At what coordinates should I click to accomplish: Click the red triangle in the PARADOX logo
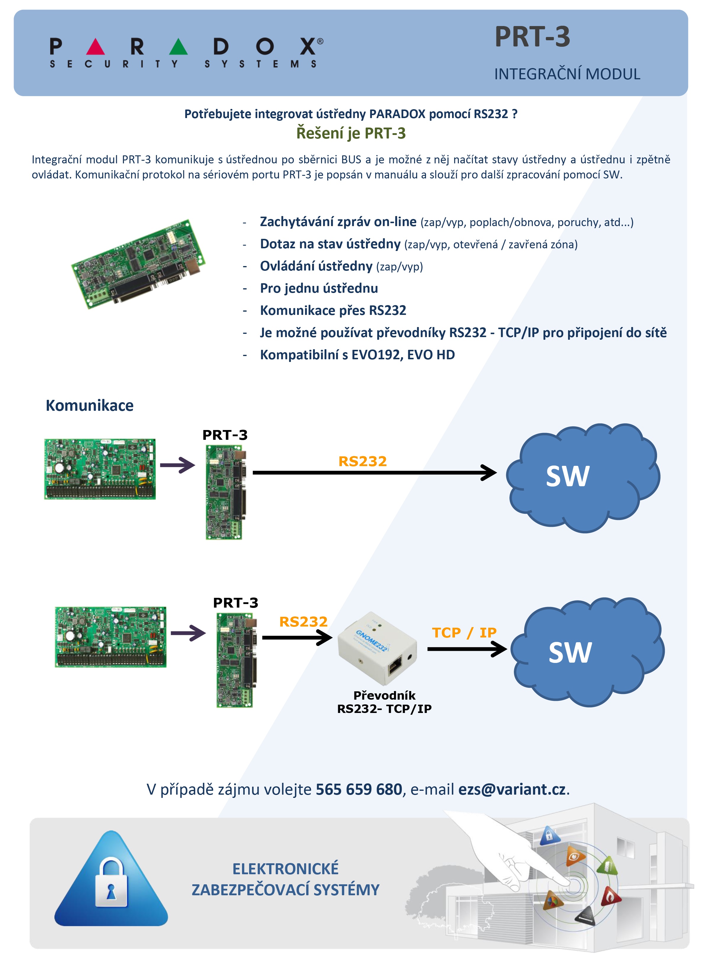[95, 47]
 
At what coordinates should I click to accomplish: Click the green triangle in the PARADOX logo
[178, 47]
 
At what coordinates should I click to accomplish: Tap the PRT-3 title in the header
[532, 37]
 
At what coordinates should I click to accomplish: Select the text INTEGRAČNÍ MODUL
[567, 74]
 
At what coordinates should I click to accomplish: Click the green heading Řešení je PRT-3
[351, 133]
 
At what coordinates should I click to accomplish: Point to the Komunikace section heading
[90, 405]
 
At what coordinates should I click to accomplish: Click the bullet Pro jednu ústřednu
[319, 288]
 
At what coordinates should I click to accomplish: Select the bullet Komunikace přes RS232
[333, 310]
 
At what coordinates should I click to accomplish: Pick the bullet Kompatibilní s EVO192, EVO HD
[357, 355]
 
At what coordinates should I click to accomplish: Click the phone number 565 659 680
[359, 789]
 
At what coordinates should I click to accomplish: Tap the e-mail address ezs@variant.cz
[512, 789]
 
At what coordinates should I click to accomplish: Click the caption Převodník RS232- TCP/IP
[384, 702]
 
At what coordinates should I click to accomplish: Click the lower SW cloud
[587, 652]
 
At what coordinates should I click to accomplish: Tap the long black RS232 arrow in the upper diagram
[375, 473]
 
